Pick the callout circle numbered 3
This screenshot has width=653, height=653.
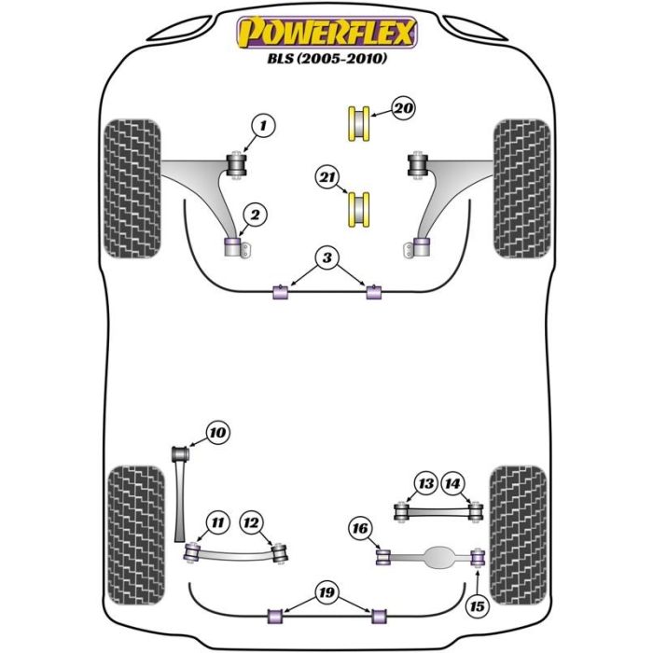tap(327, 257)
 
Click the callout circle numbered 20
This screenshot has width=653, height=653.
tap(403, 109)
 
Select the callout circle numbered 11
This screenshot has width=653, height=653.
tap(216, 523)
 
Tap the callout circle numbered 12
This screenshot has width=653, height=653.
tap(251, 523)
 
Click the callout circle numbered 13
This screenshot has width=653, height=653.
tap(425, 483)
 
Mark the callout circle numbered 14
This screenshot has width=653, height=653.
tap(452, 483)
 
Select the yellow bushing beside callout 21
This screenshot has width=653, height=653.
tap(357, 208)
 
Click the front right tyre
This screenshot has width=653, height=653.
tap(520, 188)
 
